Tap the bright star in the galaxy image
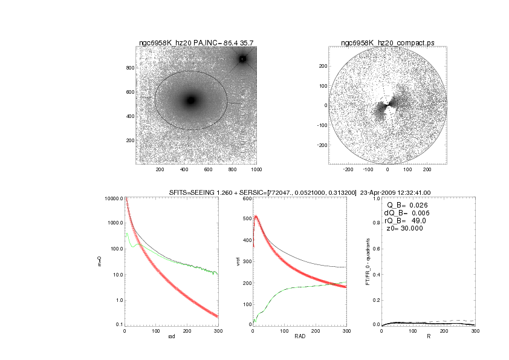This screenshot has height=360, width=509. [243, 59]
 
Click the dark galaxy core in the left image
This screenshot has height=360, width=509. [191, 100]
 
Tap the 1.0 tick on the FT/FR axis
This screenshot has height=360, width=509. [375, 198]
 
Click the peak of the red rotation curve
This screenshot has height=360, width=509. [256, 216]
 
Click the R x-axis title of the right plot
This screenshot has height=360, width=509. [428, 336]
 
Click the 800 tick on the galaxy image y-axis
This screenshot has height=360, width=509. [130, 68]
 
